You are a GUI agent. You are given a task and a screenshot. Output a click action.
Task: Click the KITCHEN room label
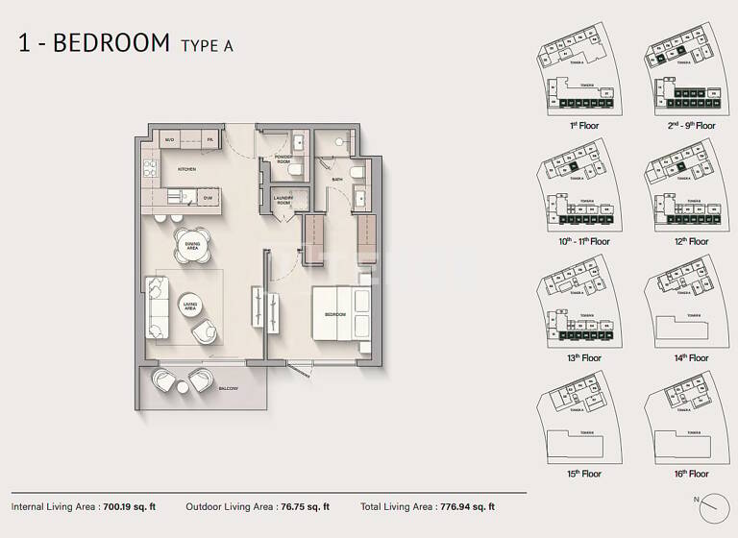tap(186, 169)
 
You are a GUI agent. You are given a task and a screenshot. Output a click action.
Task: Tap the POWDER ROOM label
tap(283, 159)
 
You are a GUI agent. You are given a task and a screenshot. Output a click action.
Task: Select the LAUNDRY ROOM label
tap(283, 201)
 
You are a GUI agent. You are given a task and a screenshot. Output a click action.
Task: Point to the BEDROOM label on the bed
tap(335, 315)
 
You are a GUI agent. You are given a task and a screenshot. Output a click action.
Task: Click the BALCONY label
tap(228, 389)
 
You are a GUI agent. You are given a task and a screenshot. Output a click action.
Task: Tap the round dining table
tap(191, 245)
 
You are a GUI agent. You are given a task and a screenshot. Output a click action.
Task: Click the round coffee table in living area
tap(190, 306)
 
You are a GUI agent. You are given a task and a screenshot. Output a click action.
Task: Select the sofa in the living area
tap(156, 306)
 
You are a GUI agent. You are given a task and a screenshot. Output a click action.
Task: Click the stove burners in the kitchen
tap(150, 169)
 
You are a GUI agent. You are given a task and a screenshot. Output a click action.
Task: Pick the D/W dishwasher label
tap(207, 199)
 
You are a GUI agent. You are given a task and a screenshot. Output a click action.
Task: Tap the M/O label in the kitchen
tap(169, 140)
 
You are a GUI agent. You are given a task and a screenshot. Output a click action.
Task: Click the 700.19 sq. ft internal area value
tap(129, 506)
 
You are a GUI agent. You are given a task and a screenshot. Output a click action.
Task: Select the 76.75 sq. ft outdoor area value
tap(301, 506)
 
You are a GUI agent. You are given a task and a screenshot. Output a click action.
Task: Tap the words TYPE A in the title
tap(207, 45)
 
